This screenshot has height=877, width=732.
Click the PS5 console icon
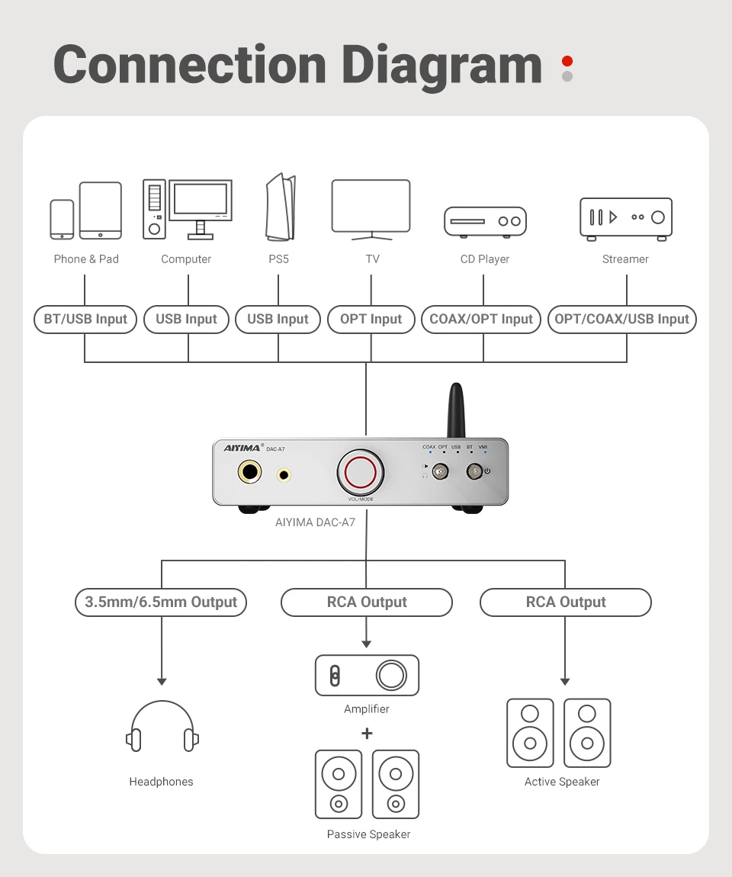point(280,207)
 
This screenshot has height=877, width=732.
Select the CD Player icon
point(486,222)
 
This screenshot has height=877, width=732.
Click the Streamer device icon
point(626,219)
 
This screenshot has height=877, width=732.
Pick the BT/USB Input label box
point(85,320)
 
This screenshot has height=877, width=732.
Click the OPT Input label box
point(371,320)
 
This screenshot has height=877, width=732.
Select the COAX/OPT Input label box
point(481,320)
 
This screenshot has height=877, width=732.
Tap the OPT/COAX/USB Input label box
point(622,320)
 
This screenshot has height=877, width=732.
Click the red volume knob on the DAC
point(361,472)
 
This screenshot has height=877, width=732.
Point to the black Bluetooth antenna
point(456,410)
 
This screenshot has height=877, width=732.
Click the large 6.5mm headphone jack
point(249,471)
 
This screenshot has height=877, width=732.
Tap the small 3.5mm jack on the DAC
point(284,475)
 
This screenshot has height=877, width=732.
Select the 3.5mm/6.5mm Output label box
point(161,602)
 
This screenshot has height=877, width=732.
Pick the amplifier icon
point(367,675)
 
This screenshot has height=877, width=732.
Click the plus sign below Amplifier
point(367,734)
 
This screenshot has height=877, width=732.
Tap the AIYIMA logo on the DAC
point(242,448)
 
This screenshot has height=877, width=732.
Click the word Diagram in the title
point(441,66)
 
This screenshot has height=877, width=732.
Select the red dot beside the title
point(567,61)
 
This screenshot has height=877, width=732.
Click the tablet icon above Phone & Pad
point(101,210)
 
